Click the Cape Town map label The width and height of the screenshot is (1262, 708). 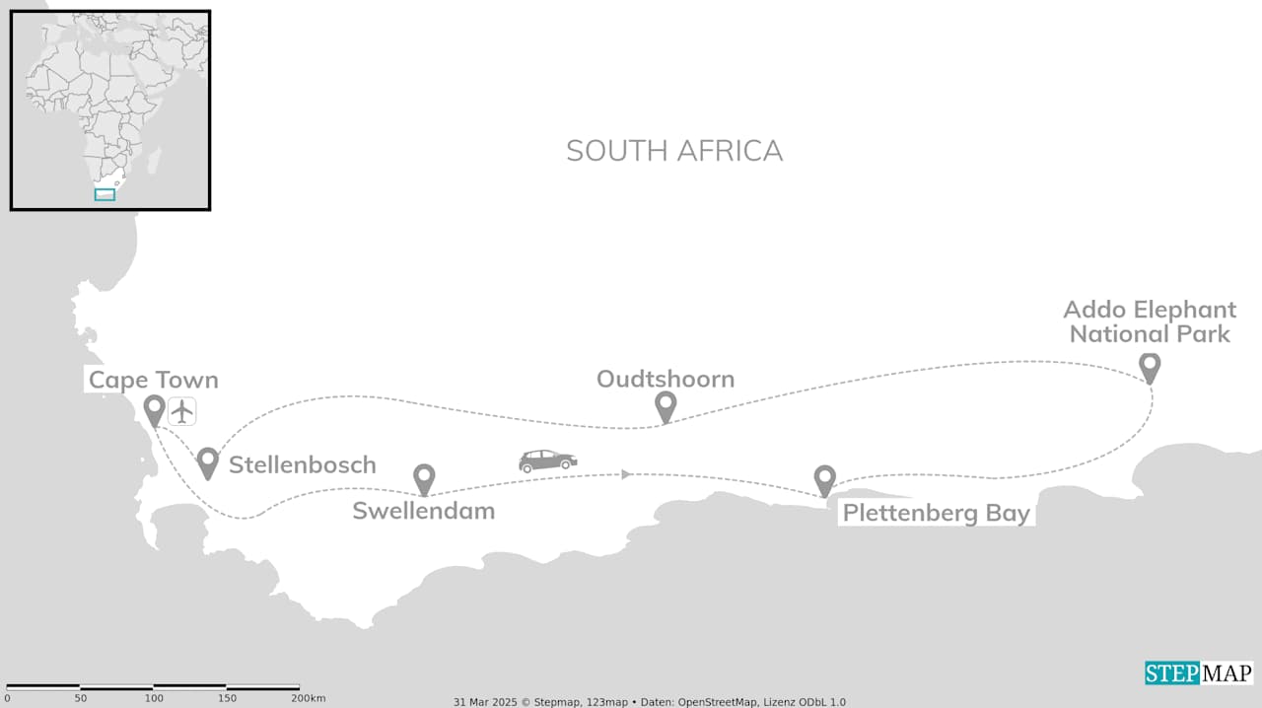click(153, 381)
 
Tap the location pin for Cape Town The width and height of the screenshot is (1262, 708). click(154, 408)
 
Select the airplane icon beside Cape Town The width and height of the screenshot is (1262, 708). click(182, 410)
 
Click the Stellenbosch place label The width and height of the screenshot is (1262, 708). click(302, 465)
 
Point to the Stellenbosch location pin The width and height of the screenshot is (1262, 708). click(207, 460)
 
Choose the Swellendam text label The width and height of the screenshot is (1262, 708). click(423, 511)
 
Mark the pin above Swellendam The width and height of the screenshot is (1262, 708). click(424, 478)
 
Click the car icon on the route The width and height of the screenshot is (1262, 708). click(548, 460)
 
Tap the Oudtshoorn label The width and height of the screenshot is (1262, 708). click(666, 380)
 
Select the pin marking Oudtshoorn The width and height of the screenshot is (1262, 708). click(666, 405)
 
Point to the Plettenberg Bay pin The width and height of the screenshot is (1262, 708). click(824, 479)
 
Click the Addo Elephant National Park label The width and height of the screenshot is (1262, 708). click(1151, 322)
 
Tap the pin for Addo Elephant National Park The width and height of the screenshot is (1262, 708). click(1149, 366)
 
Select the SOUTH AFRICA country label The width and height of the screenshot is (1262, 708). click(674, 151)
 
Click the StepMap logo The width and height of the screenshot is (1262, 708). click(1198, 673)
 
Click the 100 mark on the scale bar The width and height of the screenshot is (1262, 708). click(154, 698)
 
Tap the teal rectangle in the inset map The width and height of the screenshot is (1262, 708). click(105, 194)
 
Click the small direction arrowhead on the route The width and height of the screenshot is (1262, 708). click(626, 474)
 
